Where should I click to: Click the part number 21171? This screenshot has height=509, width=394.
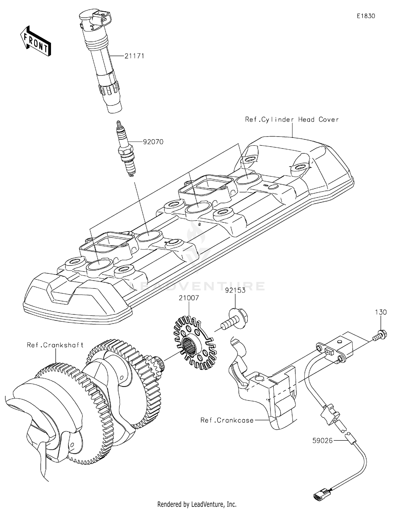tap(134, 56)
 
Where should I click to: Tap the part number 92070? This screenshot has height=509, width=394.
tap(153, 142)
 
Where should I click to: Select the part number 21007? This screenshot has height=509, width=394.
tap(189, 298)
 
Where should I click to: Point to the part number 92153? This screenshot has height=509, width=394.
tap(235, 290)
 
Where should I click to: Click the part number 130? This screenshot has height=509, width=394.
tap(381, 312)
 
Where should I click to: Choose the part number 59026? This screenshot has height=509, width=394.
tap(322, 440)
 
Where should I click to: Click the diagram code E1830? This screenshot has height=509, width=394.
tap(366, 16)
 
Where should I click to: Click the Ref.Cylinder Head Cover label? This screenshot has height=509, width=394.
tap(292, 120)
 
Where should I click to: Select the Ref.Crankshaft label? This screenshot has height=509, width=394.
tap(55, 345)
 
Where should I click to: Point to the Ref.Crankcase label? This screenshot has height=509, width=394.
tap(227, 420)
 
